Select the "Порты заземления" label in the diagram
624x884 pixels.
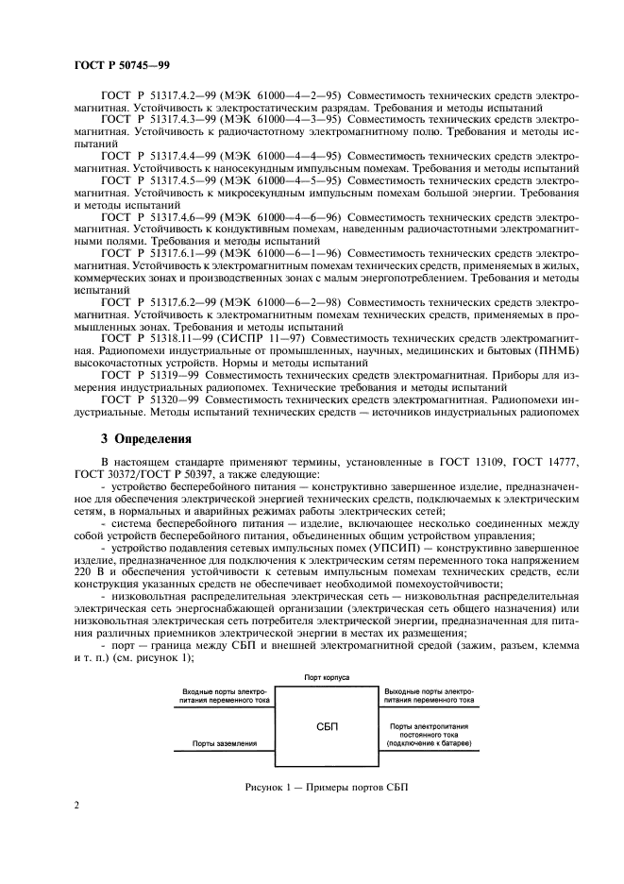[x=224, y=743]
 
